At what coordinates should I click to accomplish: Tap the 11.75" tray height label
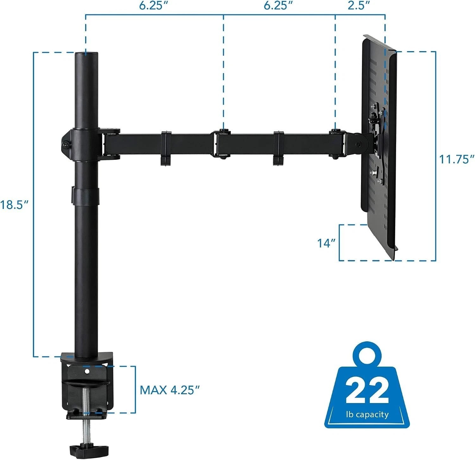(x=456, y=159)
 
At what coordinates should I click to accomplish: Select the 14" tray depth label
(x=326, y=243)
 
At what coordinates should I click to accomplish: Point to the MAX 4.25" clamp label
(x=170, y=390)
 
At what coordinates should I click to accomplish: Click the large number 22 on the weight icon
(x=367, y=390)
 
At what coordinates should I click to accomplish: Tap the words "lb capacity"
(x=367, y=414)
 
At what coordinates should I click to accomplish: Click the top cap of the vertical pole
(x=86, y=53)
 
